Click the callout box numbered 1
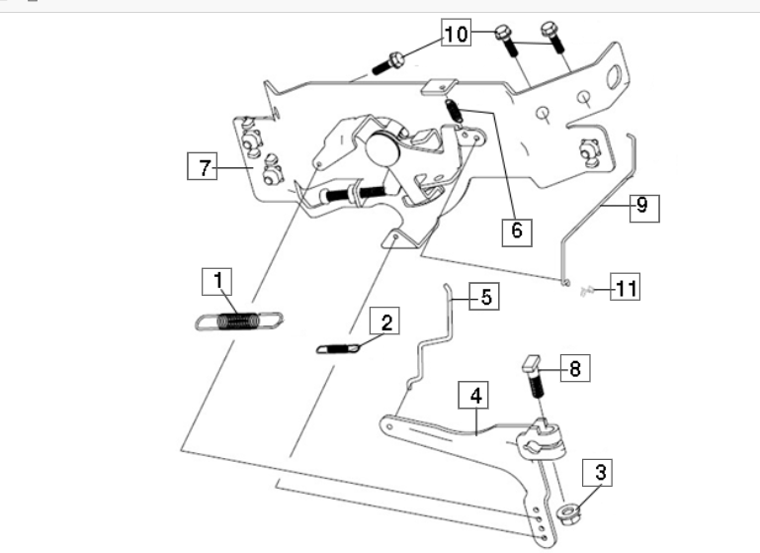tap(216, 281)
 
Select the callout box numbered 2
tap(384, 321)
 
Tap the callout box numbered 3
tap(597, 473)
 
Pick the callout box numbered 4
tap(473, 395)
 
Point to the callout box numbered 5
tap(484, 296)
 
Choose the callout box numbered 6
tap(517, 232)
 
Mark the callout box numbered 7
tap(203, 166)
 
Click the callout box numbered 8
tap(575, 368)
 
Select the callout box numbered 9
tap(644, 208)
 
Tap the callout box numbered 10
tap(456, 33)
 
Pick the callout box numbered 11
tap(625, 286)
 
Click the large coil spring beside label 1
tap(239, 322)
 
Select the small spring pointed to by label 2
tap(338, 348)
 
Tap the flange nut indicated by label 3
tap(566, 511)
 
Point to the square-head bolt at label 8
tap(534, 376)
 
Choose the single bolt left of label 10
tap(388, 63)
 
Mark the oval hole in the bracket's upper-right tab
tap(614, 77)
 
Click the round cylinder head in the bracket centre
tap(382, 147)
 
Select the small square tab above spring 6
tap(440, 87)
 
